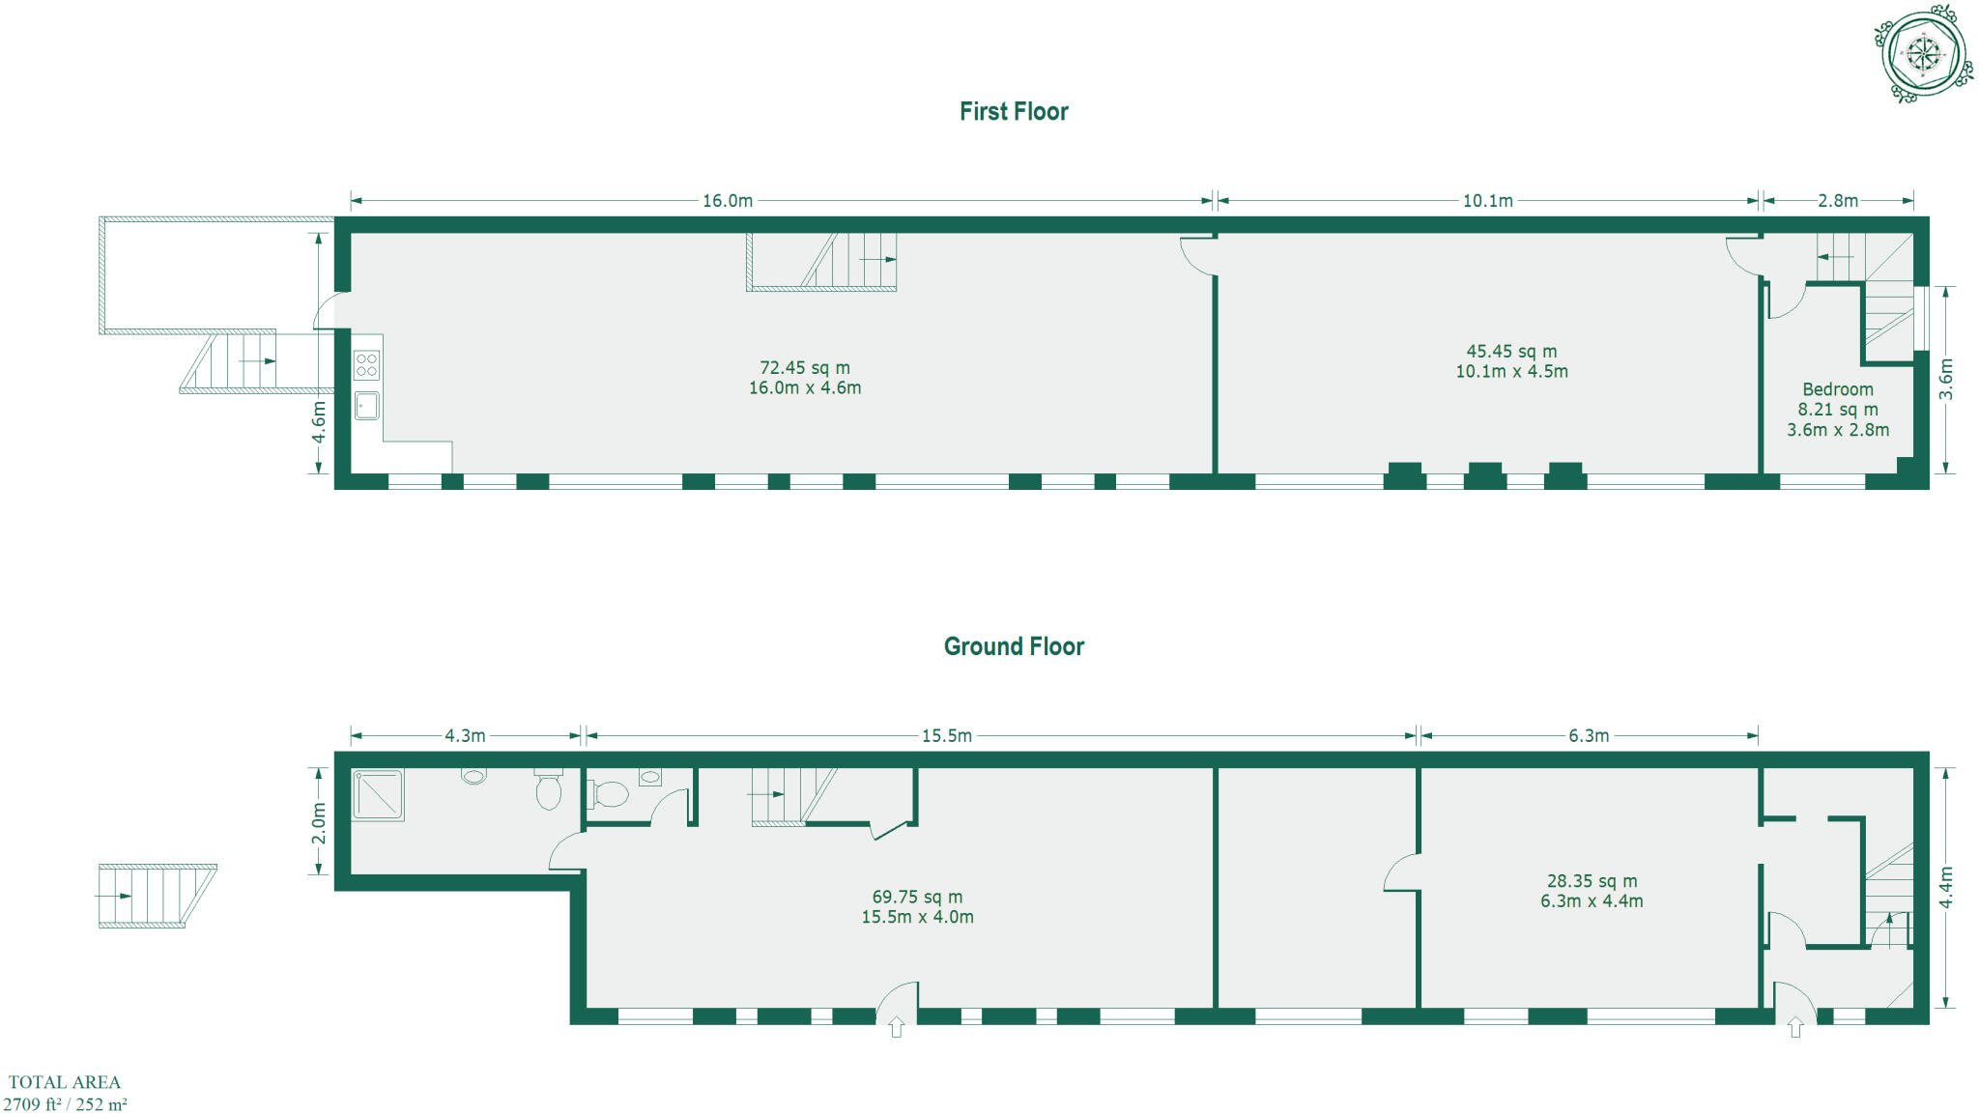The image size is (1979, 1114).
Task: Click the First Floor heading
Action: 1014,112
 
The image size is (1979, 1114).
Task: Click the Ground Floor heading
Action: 1014,646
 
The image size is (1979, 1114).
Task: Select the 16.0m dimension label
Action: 727,201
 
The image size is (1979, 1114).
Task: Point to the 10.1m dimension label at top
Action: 1487,201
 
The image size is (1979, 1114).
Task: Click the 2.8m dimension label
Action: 1837,201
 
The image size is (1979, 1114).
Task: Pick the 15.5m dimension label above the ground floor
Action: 946,736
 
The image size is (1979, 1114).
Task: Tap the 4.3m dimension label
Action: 465,736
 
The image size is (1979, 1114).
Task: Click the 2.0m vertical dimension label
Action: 319,823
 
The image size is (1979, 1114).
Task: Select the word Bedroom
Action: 1837,389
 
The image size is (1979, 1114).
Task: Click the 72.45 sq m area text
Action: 805,368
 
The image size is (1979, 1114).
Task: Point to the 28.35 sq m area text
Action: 1592,881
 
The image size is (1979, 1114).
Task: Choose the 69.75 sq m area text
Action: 917,897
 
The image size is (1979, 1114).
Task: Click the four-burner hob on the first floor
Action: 366,365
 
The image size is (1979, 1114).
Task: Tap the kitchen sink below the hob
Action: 366,405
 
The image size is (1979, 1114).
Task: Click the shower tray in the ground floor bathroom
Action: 378,794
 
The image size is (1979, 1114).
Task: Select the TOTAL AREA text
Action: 65,1082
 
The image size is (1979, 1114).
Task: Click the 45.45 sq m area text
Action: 1511,352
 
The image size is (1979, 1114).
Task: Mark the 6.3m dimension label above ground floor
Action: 1589,736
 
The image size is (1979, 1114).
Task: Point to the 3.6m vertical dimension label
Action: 1946,380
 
